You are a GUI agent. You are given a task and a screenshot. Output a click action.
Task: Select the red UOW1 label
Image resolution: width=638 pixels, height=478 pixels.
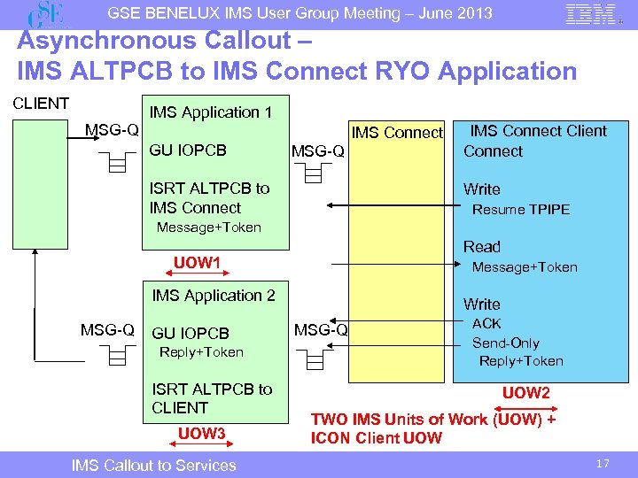(197, 262)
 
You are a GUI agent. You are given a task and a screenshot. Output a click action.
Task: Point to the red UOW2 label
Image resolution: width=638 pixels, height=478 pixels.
(526, 393)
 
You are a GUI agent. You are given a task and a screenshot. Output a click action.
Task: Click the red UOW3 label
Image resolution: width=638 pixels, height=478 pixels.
(202, 433)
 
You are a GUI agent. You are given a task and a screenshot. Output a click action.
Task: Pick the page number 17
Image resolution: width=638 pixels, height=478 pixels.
(603, 464)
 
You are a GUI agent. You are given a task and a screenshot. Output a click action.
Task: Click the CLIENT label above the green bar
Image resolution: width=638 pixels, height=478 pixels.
(41, 104)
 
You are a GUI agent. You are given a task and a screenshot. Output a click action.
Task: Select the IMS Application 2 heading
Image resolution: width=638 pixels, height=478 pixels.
(214, 296)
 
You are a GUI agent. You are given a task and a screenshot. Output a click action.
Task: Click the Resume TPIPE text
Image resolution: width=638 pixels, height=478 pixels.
(521, 210)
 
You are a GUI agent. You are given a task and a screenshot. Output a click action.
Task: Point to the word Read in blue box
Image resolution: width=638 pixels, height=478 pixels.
(482, 247)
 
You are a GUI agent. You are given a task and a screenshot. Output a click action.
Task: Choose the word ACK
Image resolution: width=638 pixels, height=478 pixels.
(486, 324)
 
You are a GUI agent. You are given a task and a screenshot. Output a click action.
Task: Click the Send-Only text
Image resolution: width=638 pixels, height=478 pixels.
(505, 343)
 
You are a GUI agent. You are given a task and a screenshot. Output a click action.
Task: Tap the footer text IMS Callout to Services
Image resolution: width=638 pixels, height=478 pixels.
(154, 466)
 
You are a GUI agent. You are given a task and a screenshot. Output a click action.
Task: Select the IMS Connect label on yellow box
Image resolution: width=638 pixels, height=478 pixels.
(397, 134)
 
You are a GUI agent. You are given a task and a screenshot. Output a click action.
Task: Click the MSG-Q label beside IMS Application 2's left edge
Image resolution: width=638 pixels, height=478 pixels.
(107, 330)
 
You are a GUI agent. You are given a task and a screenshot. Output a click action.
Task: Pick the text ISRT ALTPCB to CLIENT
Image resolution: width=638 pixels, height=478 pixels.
(213, 398)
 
